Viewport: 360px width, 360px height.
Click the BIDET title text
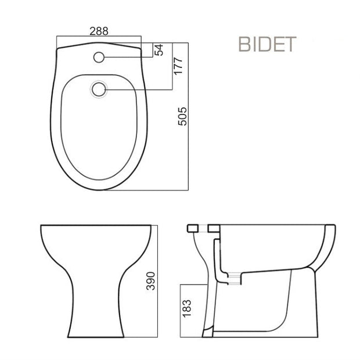point(268,44)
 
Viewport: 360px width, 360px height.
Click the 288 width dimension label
point(99,31)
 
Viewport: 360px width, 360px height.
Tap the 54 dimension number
point(159,50)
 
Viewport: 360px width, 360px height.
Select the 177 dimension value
point(178,66)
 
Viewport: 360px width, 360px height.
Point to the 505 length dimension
point(182,116)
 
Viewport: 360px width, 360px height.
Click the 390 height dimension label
point(151,281)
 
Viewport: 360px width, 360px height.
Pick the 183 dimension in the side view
point(186,308)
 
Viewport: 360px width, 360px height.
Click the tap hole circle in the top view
point(99,57)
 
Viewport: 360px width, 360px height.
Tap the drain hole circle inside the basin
point(99,89)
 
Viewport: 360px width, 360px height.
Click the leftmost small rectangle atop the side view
point(193,228)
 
